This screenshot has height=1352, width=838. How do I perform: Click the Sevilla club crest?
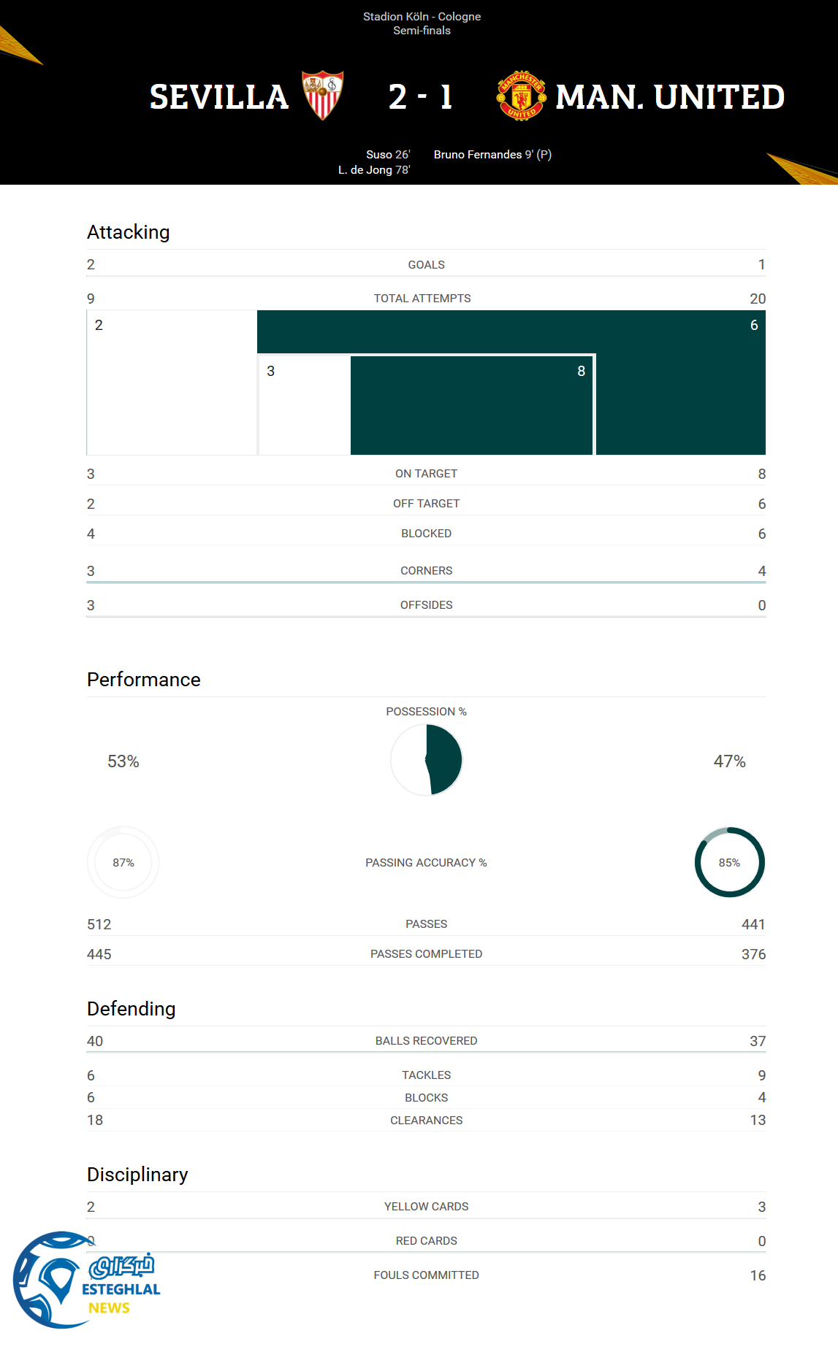[x=322, y=95]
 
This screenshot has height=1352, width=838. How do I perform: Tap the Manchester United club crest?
[x=521, y=96]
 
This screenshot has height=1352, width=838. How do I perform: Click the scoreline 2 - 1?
[x=420, y=97]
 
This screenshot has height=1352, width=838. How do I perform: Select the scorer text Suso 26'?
[x=388, y=155]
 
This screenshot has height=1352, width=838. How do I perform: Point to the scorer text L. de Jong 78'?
[x=374, y=170]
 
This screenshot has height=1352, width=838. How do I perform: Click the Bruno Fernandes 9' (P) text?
[x=492, y=155]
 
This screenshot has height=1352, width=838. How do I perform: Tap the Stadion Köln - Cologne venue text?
[x=422, y=17]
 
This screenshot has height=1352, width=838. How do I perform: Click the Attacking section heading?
[x=129, y=232]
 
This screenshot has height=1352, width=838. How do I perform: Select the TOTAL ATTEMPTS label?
[x=422, y=299]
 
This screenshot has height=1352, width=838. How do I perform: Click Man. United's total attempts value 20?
[x=757, y=299]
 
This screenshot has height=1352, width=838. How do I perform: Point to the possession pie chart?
[x=427, y=760]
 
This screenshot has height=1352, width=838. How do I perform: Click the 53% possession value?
[x=123, y=761]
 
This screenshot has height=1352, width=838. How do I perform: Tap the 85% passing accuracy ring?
[x=729, y=862]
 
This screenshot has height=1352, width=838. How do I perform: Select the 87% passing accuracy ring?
[x=123, y=862]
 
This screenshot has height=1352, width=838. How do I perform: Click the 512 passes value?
[x=99, y=924]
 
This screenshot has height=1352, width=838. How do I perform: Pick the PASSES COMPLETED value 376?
[x=753, y=954]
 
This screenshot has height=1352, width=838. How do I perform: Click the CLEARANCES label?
[x=426, y=1121]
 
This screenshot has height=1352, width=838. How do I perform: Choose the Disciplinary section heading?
[x=137, y=1175]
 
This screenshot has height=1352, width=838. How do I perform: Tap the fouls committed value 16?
[x=758, y=1275]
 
